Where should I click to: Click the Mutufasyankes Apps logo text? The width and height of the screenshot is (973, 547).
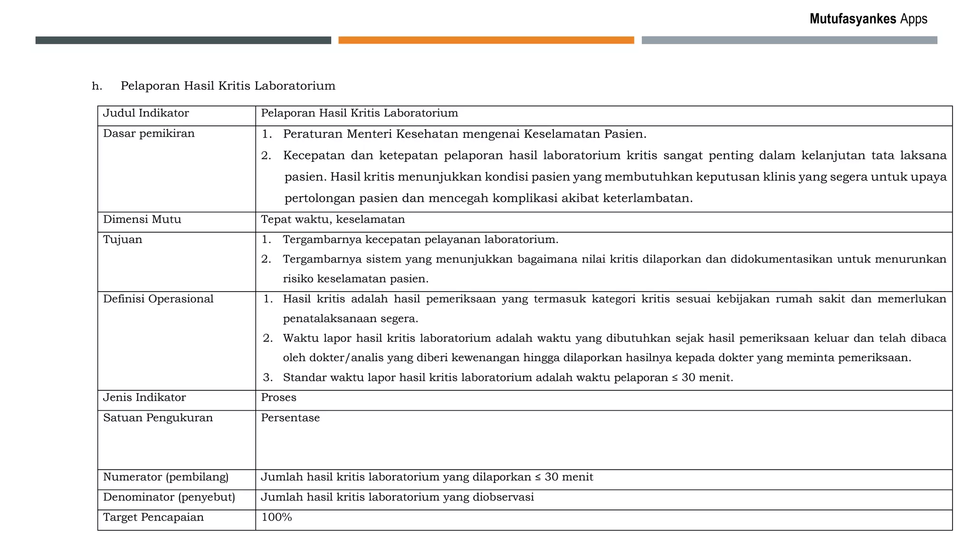[x=868, y=19]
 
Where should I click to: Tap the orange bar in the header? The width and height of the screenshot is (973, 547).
[x=486, y=40]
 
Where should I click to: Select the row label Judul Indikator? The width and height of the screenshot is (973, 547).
[x=146, y=113]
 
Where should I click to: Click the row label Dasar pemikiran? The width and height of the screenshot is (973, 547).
[x=149, y=134]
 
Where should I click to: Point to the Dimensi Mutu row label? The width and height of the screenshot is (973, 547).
[x=142, y=220]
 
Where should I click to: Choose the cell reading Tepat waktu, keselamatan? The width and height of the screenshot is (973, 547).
[x=333, y=220]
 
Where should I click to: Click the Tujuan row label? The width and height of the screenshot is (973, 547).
[x=123, y=240]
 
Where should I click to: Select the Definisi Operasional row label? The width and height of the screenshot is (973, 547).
[x=158, y=299]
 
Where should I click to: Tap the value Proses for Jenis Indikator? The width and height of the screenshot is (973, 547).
[x=278, y=398]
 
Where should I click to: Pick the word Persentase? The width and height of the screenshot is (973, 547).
[x=290, y=418]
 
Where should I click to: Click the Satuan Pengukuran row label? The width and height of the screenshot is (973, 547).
[x=158, y=418]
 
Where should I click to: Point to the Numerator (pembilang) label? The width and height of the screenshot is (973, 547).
[x=166, y=477]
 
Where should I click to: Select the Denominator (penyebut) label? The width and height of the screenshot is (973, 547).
[x=169, y=498]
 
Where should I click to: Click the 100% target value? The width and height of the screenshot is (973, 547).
[x=277, y=518]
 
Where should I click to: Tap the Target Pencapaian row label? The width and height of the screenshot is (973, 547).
[x=153, y=518]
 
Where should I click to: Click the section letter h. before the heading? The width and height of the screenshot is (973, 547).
[x=97, y=86]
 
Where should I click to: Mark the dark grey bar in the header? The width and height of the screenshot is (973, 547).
[x=183, y=40]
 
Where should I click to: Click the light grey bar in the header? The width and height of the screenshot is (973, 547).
[x=789, y=40]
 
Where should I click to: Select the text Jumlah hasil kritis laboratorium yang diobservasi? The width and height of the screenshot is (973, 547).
[x=397, y=498]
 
